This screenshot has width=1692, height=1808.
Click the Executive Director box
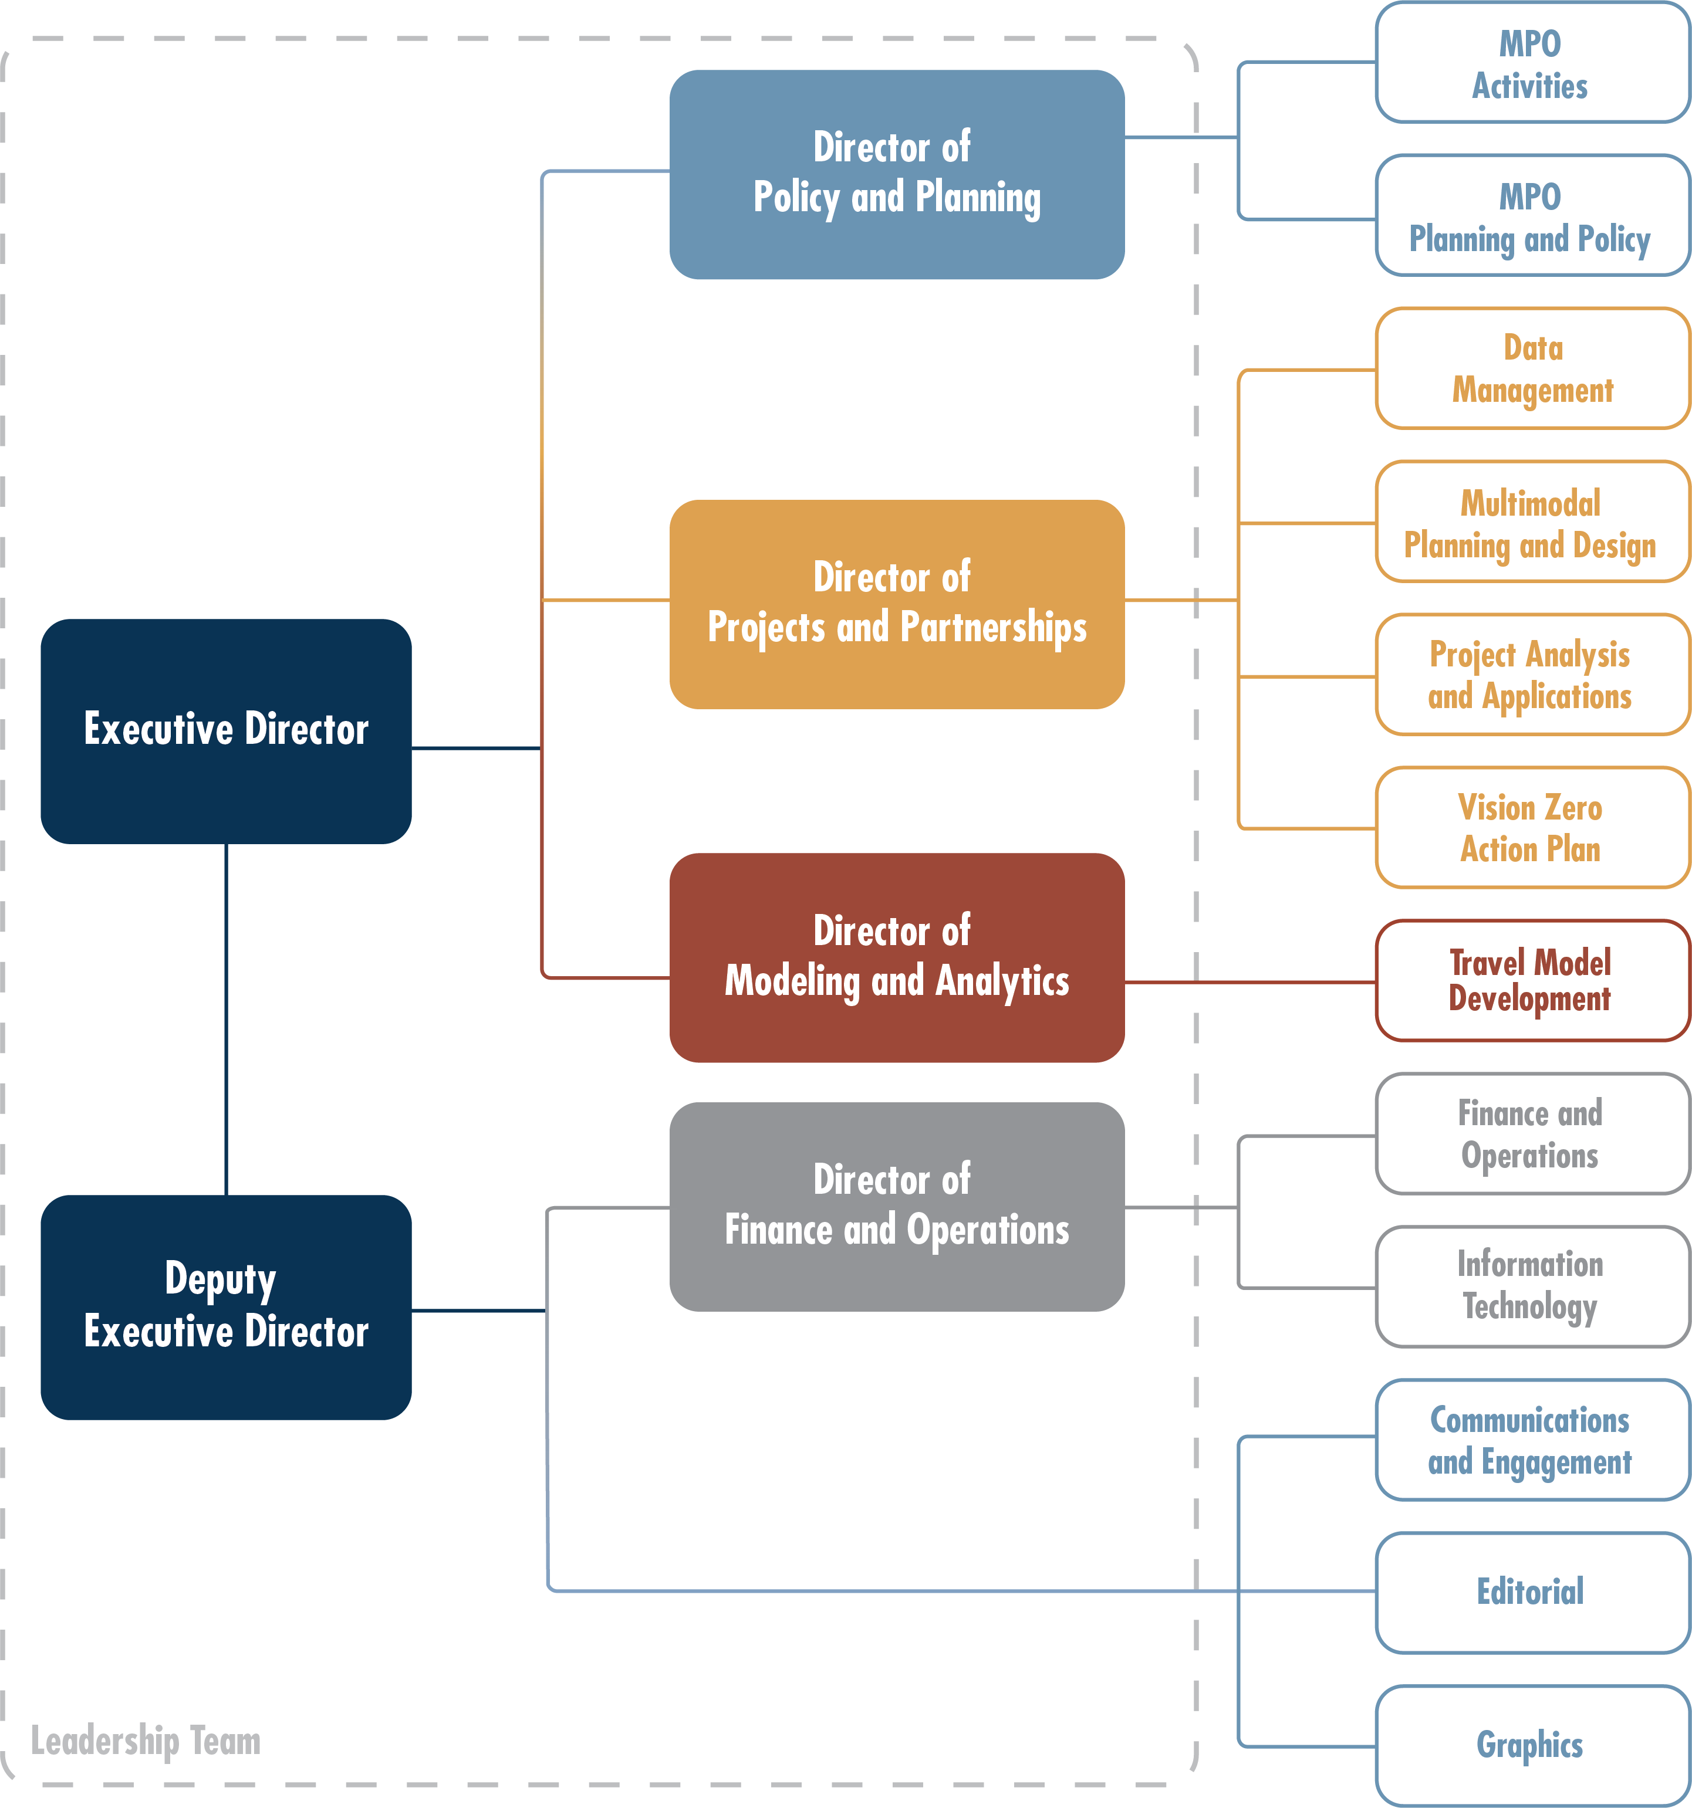click(225, 730)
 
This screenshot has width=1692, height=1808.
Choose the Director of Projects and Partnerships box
click(896, 604)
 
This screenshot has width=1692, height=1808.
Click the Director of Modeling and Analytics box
click(896, 957)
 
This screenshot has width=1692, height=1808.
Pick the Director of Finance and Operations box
click(896, 1206)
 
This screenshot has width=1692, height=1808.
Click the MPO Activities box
click(1531, 64)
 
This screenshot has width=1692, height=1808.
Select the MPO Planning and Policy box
click(1531, 216)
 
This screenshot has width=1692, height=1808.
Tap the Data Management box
click(1531, 368)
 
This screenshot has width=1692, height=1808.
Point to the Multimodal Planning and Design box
click(1531, 522)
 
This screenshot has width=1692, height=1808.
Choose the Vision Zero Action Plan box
click(1531, 828)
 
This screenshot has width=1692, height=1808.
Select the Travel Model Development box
click(1531, 980)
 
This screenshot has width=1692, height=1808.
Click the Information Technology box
click(1531, 1286)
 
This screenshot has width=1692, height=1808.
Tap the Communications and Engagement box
click(1531, 1440)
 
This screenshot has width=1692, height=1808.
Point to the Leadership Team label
click(146, 1741)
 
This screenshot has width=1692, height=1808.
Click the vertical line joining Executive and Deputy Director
click(225, 1018)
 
